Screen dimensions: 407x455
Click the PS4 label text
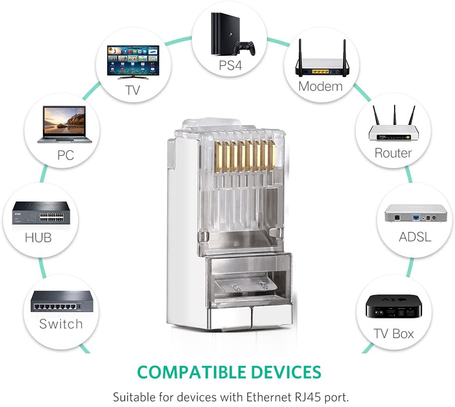coord(230,66)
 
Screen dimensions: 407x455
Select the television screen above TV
coord(133,60)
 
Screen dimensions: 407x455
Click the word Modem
coord(320,86)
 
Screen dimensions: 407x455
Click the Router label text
coord(393,153)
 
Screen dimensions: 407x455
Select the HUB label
coord(38,238)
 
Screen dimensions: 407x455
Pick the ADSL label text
coord(415,237)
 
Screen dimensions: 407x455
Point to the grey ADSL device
coord(416,214)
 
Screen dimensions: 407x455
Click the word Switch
coord(61,324)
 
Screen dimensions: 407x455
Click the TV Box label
coord(393,334)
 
